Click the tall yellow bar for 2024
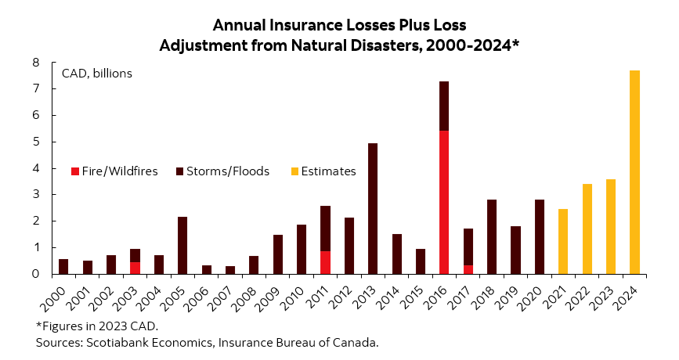point(634,172)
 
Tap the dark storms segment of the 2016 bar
point(444,106)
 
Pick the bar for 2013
point(373,208)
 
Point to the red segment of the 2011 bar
point(325,262)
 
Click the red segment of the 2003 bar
point(135,268)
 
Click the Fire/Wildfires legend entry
point(114,171)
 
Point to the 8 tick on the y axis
point(36,63)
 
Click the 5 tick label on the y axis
point(36,142)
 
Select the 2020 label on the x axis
point(535,297)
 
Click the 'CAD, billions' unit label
point(97,74)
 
